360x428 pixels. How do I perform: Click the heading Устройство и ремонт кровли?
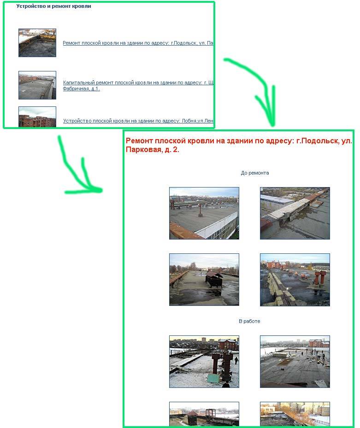pyautogui.click(x=53, y=6)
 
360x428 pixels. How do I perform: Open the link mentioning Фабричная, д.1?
pyautogui.click(x=81, y=88)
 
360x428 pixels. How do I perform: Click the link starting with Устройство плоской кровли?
pyautogui.click(x=138, y=121)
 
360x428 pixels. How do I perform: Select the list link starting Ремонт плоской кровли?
pyautogui.click(x=138, y=43)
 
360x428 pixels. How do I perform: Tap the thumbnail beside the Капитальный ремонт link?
pyautogui.click(x=37, y=85)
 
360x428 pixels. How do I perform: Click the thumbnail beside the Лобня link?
pyautogui.click(x=37, y=117)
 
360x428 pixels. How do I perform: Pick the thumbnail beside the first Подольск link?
pyautogui.click(x=37, y=43)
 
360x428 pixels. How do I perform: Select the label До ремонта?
pyautogui.click(x=255, y=173)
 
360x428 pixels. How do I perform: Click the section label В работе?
pyautogui.click(x=249, y=321)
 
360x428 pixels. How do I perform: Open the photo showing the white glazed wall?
pyautogui.click(x=204, y=213)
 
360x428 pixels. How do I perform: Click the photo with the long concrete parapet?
pyautogui.click(x=295, y=213)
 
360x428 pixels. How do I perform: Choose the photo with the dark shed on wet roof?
pyautogui.click(x=204, y=280)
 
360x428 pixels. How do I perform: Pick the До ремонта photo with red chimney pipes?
pyautogui.click(x=295, y=280)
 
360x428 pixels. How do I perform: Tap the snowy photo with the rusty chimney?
pyautogui.click(x=204, y=362)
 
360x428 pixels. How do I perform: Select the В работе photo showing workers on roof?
pyautogui.click(x=295, y=362)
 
